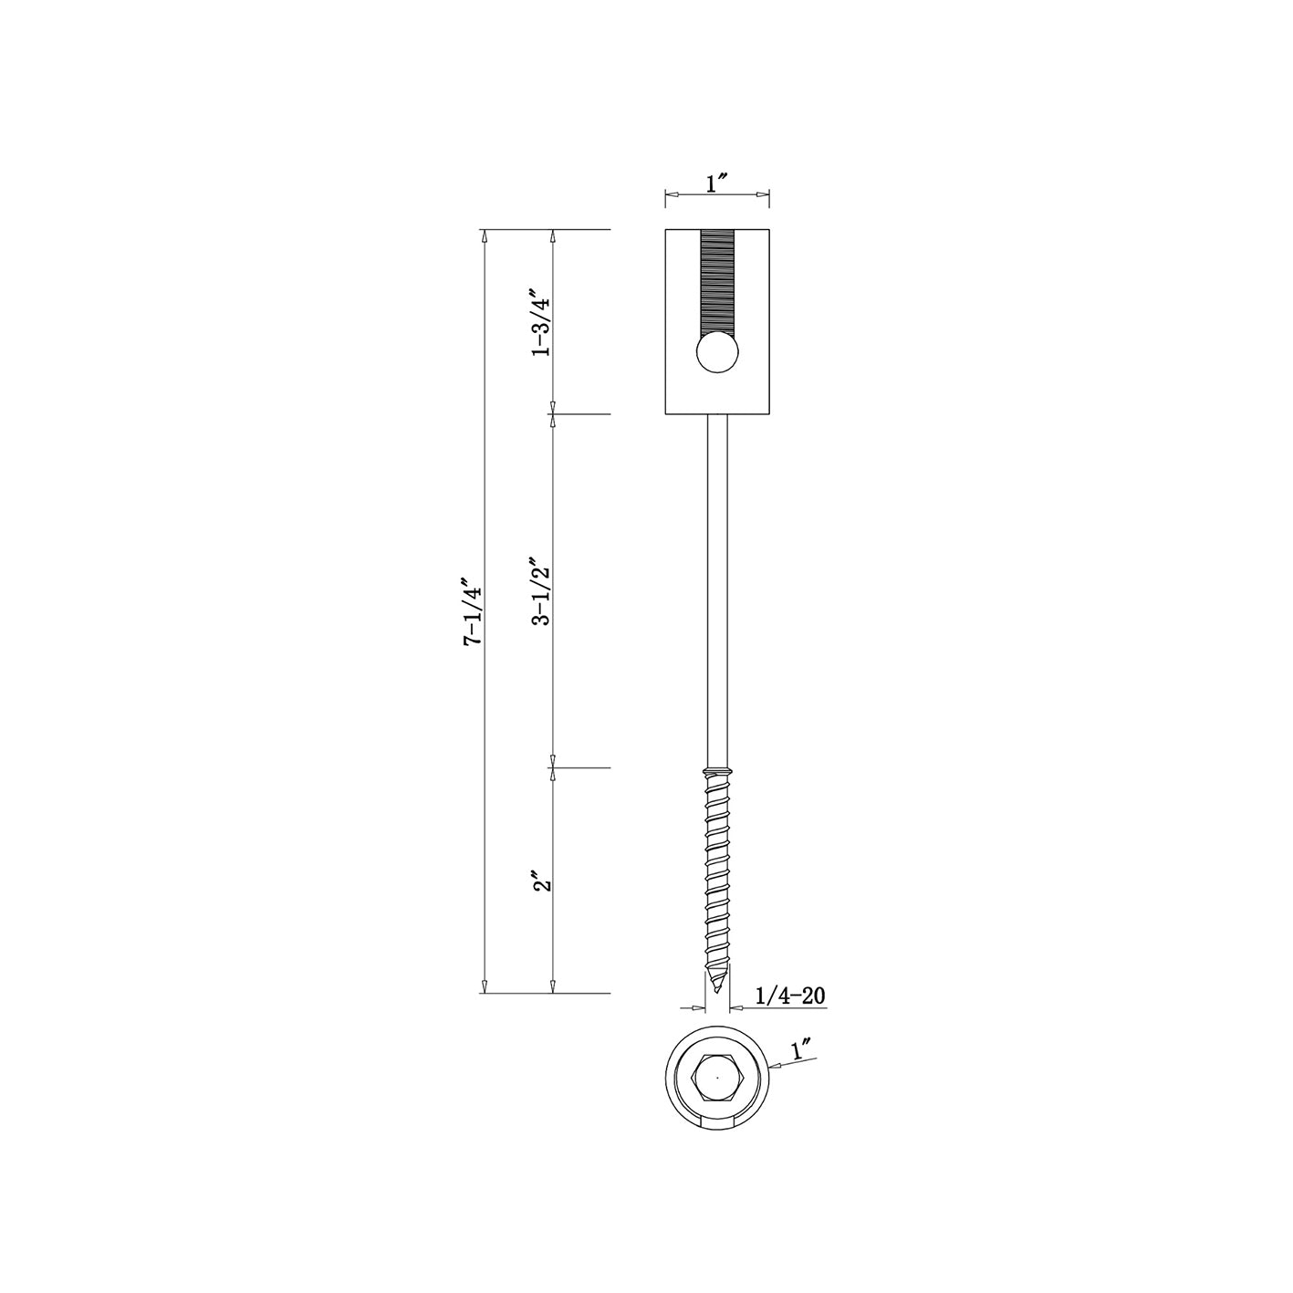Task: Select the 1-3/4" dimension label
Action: coord(541,322)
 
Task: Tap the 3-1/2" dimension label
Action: coord(541,590)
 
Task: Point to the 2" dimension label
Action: coord(542,881)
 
